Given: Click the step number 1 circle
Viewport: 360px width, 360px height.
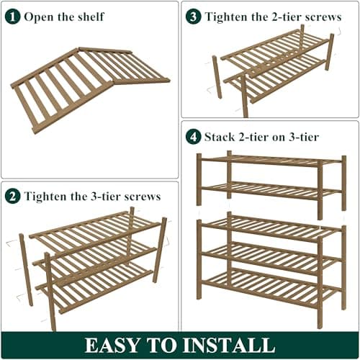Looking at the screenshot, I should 14,16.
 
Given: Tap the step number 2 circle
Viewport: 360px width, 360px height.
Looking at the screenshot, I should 14,196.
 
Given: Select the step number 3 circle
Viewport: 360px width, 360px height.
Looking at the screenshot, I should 194,16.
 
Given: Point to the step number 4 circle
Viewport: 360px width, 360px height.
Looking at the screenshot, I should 194,136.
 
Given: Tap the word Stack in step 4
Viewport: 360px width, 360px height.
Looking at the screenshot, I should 221,136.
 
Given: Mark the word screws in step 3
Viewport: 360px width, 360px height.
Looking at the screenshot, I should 320,16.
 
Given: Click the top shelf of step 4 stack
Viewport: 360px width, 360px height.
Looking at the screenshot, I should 271,160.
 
